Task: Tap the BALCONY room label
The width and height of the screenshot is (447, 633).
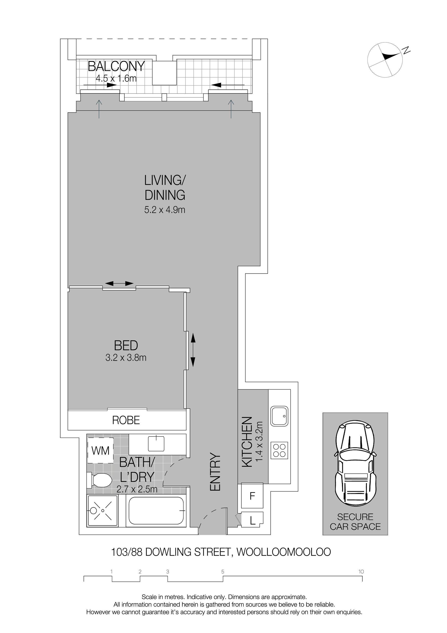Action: [x=116, y=66]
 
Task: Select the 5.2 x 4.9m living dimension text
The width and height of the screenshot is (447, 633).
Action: [x=165, y=210]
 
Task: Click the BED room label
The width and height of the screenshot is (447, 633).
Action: [x=126, y=346]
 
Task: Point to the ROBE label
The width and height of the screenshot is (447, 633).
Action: [x=126, y=420]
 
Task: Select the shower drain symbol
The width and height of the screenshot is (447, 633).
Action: [x=102, y=511]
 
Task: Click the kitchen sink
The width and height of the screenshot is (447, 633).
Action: [x=279, y=416]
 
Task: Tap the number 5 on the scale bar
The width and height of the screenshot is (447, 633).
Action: [x=223, y=572]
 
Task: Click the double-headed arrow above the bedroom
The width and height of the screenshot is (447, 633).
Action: [x=119, y=283]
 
